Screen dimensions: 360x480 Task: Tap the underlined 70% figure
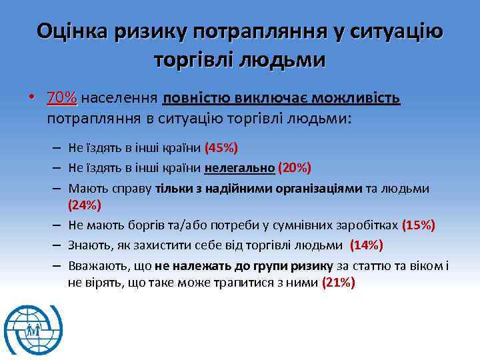coord(62,99)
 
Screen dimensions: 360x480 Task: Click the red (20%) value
coord(294,167)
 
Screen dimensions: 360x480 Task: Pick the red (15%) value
coord(419,225)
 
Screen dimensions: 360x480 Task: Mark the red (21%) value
coord(338,283)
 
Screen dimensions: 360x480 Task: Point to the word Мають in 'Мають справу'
coord(85,189)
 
